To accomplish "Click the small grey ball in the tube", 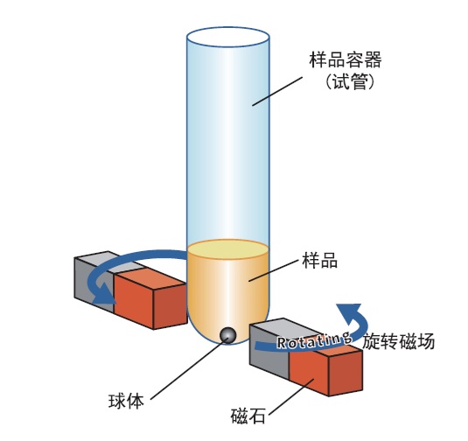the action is (227, 335).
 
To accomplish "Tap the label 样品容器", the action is (345, 59).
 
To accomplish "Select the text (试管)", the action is (349, 81).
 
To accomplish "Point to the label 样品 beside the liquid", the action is (319, 260).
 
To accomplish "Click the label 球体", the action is (126, 401).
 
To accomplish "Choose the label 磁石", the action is (248, 416).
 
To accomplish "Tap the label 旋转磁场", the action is (399, 341).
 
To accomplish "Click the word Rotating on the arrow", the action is (314, 340).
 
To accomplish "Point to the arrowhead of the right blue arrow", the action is (350, 311).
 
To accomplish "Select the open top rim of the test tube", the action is (228, 37).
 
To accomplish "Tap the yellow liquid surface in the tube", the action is (227, 248).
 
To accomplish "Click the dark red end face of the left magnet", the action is (170, 306).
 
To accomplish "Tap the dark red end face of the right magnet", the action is (346, 374).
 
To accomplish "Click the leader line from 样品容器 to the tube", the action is (277, 91).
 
